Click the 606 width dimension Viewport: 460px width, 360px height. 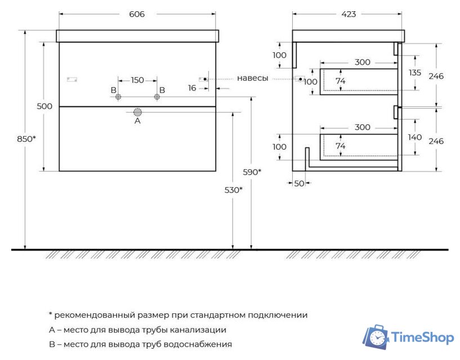point(137,14)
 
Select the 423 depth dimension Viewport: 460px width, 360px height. point(349,14)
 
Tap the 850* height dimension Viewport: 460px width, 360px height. point(26,138)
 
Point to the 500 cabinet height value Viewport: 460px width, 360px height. point(45,106)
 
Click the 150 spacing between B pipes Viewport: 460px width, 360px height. point(137,80)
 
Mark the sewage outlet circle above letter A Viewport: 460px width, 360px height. point(137,112)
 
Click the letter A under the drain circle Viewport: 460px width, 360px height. point(137,120)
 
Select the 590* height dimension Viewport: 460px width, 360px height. point(252,172)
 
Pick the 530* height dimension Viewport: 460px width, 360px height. point(233,190)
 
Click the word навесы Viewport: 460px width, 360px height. point(252,78)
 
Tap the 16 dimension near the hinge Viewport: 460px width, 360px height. point(193,88)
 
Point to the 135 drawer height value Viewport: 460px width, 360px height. point(415,73)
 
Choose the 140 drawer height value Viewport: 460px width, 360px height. point(415,137)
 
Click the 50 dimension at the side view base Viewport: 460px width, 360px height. point(298,183)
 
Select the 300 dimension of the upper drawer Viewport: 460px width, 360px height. point(362,62)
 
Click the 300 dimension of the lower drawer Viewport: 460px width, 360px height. point(362,127)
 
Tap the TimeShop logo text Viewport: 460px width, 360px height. point(422,337)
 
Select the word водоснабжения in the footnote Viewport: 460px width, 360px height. point(203,344)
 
